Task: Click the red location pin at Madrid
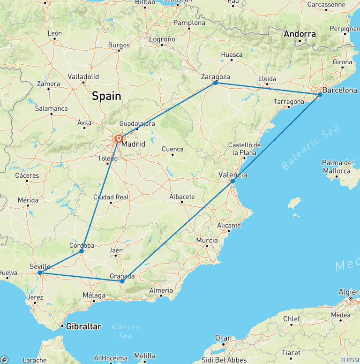[119, 138]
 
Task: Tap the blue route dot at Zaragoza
[216, 83]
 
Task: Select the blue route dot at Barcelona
[320, 94]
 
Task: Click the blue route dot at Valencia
[232, 181]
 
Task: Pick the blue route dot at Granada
[122, 281]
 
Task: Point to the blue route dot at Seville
[40, 273]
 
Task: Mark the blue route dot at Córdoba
[82, 251]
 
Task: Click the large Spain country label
[106, 96]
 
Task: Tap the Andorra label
[300, 34]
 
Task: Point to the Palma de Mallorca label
[337, 167]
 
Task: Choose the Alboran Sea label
[124, 331]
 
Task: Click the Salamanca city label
[52, 108]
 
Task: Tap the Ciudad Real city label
[111, 197]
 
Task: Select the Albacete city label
[181, 197]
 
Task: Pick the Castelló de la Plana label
[244, 149]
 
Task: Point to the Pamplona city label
[189, 23]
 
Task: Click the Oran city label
[223, 338]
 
